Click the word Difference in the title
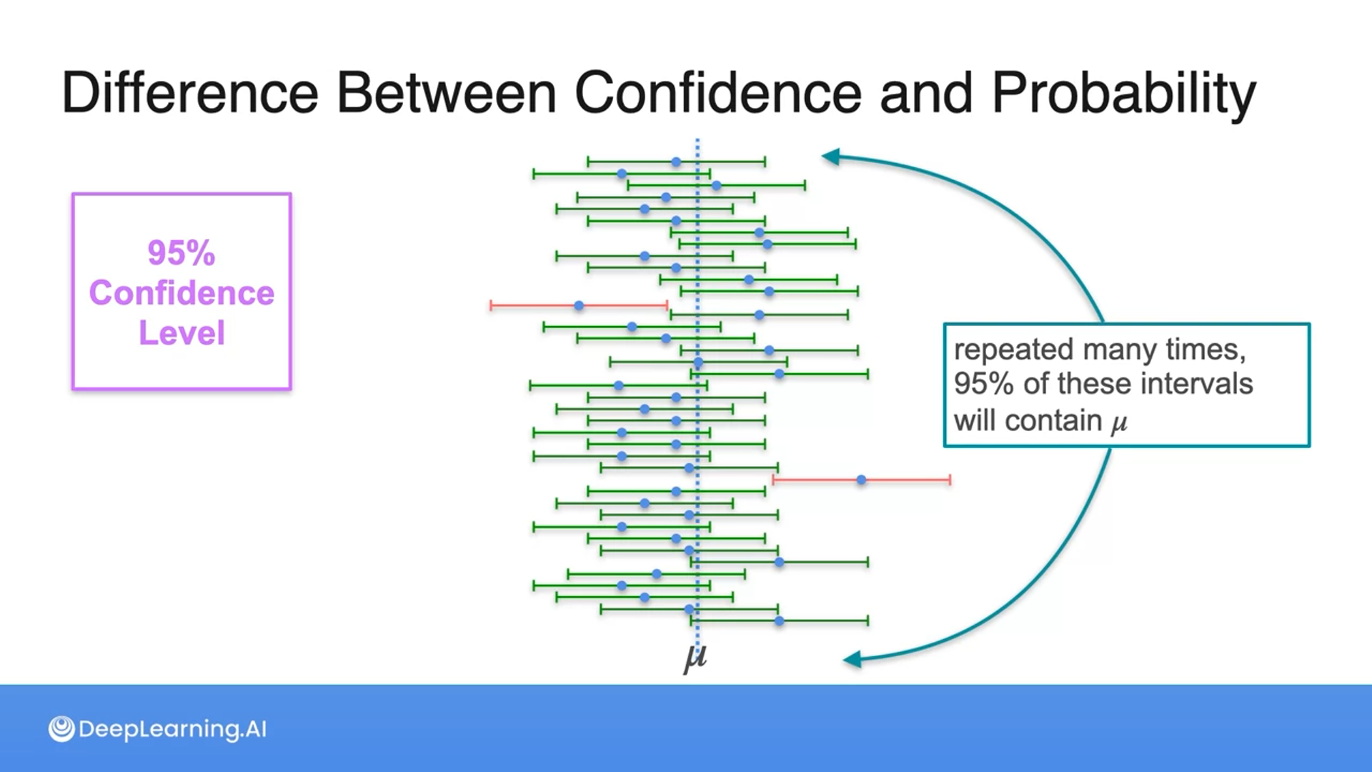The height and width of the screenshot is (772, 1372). point(190,93)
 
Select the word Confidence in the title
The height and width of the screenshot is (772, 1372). point(718,93)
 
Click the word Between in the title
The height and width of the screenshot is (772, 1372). point(446,93)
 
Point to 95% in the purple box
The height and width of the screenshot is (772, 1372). point(181,253)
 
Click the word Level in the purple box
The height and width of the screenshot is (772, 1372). point(182,333)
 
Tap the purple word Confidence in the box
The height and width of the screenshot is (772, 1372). point(182,293)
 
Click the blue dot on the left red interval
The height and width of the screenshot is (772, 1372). point(579,306)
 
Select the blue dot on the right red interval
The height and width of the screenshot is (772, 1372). point(861,480)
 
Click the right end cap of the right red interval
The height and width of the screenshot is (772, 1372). point(950,480)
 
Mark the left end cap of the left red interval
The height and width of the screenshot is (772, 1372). point(491,306)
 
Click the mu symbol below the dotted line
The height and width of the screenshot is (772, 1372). point(695,656)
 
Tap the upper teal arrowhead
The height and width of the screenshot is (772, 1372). point(831,157)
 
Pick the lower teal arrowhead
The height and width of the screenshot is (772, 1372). point(852,660)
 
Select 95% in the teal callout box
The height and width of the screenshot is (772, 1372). point(983,385)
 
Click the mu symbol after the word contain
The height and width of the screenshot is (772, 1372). point(1119,422)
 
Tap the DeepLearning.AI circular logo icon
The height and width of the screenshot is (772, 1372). point(61,729)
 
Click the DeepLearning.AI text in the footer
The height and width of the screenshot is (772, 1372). point(172,729)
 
